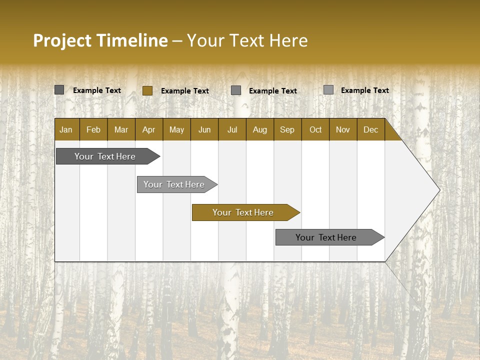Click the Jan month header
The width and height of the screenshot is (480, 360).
point(66,129)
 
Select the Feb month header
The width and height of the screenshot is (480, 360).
point(93,129)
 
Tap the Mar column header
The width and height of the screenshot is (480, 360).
point(121,129)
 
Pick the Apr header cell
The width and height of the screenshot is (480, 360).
point(148,129)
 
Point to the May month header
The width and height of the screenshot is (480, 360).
point(176,129)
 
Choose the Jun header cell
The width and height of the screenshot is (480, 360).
point(204,129)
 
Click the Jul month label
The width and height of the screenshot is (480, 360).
point(232,129)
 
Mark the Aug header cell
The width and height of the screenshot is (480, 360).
point(260,129)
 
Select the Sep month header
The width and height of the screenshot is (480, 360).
point(287,129)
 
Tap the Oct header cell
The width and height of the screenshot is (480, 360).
point(315,129)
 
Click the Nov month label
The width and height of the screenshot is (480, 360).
point(343,129)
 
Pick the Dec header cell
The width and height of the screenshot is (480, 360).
point(370,129)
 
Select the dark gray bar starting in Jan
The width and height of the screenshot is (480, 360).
point(105,156)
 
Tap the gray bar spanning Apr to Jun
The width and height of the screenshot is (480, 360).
point(174,184)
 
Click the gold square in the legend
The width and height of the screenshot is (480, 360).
point(147,90)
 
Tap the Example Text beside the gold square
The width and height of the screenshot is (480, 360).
point(185,91)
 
